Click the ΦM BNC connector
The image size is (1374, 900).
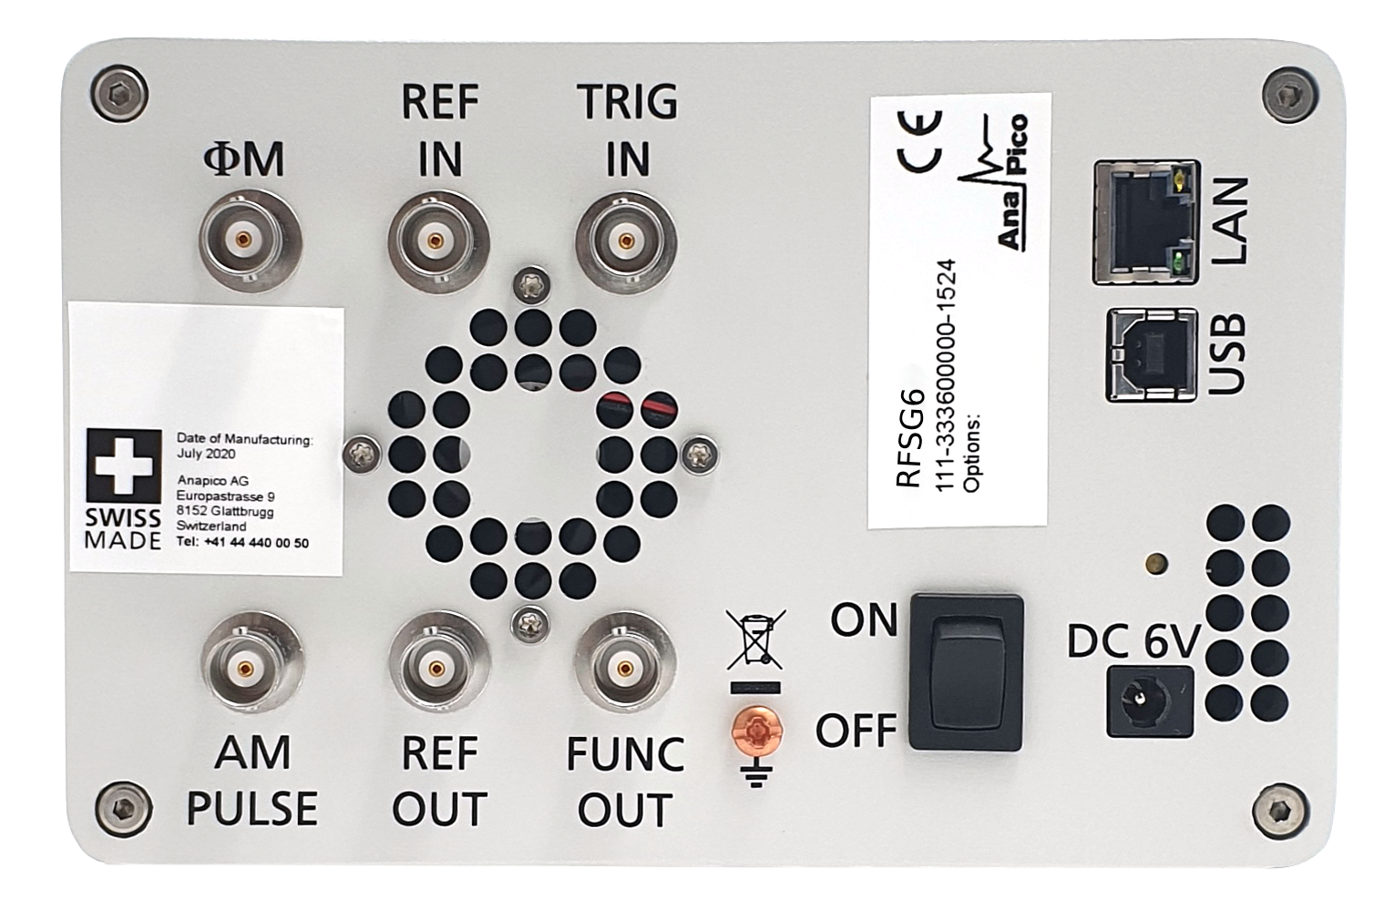point(250,240)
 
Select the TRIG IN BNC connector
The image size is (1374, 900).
point(626,240)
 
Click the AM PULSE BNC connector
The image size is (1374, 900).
point(252,668)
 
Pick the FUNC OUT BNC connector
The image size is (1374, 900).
point(625,668)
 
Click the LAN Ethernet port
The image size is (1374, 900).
point(1146,222)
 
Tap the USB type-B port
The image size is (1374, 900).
point(1152,355)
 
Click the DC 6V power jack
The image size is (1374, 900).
point(1150,701)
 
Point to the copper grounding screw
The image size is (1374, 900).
point(757,731)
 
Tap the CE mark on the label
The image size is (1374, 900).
point(918,141)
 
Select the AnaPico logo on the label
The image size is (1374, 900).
point(994,182)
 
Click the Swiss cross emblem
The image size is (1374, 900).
point(124,465)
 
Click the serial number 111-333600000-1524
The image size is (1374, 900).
point(945,375)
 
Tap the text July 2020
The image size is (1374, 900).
point(206,454)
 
